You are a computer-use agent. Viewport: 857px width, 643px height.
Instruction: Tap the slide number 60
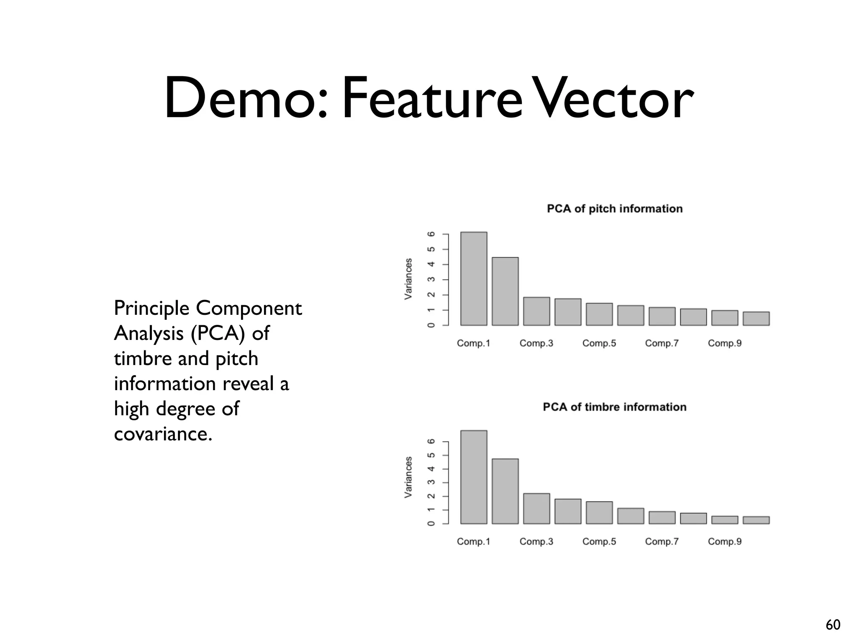pyautogui.click(x=833, y=625)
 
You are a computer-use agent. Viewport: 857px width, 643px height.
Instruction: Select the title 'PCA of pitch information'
pyautogui.click(x=614, y=208)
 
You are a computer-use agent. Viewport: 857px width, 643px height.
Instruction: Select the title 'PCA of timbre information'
pyautogui.click(x=614, y=407)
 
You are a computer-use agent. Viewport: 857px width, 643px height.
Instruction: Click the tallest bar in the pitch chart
pyautogui.click(x=474, y=279)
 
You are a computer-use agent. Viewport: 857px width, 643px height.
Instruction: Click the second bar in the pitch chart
pyautogui.click(x=505, y=291)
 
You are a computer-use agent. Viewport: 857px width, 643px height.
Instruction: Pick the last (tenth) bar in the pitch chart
pyautogui.click(x=756, y=319)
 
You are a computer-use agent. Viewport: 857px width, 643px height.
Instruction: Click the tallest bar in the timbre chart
pyautogui.click(x=474, y=477)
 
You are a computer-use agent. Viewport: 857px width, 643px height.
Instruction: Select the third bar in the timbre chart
pyautogui.click(x=536, y=509)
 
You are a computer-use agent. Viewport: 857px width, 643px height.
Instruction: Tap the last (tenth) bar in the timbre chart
pyautogui.click(x=756, y=520)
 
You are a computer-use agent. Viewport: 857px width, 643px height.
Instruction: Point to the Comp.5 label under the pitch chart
pyautogui.click(x=599, y=343)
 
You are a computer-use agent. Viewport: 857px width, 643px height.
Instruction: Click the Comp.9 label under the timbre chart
pyautogui.click(x=724, y=542)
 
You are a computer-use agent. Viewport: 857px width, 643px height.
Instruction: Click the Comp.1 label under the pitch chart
pyautogui.click(x=473, y=343)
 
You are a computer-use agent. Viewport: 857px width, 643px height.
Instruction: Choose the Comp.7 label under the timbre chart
pyautogui.click(x=662, y=542)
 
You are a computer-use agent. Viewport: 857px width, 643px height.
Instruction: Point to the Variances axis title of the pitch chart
pyautogui.click(x=408, y=279)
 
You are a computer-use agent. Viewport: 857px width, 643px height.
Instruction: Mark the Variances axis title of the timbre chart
pyautogui.click(x=408, y=477)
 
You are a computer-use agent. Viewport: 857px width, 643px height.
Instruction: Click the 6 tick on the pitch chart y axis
pyautogui.click(x=431, y=234)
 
